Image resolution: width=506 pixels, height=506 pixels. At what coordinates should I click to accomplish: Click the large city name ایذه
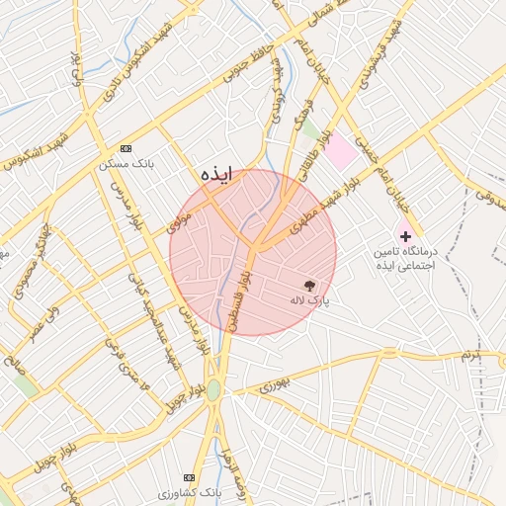[x=216, y=174]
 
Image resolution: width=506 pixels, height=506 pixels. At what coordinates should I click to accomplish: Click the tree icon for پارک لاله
[x=312, y=284]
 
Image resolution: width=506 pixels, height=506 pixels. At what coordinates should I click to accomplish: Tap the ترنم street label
[x=469, y=353]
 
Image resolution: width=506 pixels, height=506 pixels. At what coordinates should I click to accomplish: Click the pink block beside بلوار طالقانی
[x=340, y=151]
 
